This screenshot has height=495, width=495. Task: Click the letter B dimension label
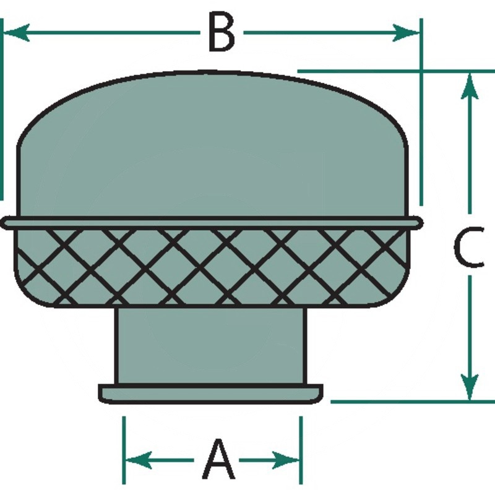pyautogui.click(x=222, y=32)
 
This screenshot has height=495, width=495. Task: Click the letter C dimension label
pyautogui.click(x=469, y=247)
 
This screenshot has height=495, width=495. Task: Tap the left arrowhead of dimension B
pyautogui.click(x=16, y=32)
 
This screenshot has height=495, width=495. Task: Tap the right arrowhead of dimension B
pyautogui.click(x=406, y=32)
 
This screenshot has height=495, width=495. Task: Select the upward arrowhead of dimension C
pyautogui.click(x=470, y=85)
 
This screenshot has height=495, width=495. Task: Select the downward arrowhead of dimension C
pyautogui.click(x=470, y=387)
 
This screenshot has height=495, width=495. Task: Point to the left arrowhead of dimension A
pyautogui.click(x=139, y=460)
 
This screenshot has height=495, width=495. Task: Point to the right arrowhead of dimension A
pyautogui.click(x=286, y=460)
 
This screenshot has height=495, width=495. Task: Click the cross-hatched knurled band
pyautogui.click(x=212, y=267)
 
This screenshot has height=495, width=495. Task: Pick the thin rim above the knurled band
pyautogui.click(x=212, y=223)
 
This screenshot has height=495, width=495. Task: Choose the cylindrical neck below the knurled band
pyautogui.click(x=210, y=346)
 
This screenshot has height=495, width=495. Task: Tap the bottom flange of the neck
pyautogui.click(x=210, y=394)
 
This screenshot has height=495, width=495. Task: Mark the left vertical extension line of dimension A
pyautogui.click(x=124, y=450)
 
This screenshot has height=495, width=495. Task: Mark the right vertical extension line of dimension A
pyautogui.click(x=301, y=450)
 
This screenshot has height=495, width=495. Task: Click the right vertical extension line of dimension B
pyautogui.click(x=421, y=112)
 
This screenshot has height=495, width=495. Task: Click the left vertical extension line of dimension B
pyautogui.click(x=1, y=110)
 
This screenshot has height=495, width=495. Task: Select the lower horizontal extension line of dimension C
pyautogui.click(x=413, y=402)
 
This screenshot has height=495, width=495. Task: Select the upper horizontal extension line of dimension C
pyautogui.click(x=396, y=71)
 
